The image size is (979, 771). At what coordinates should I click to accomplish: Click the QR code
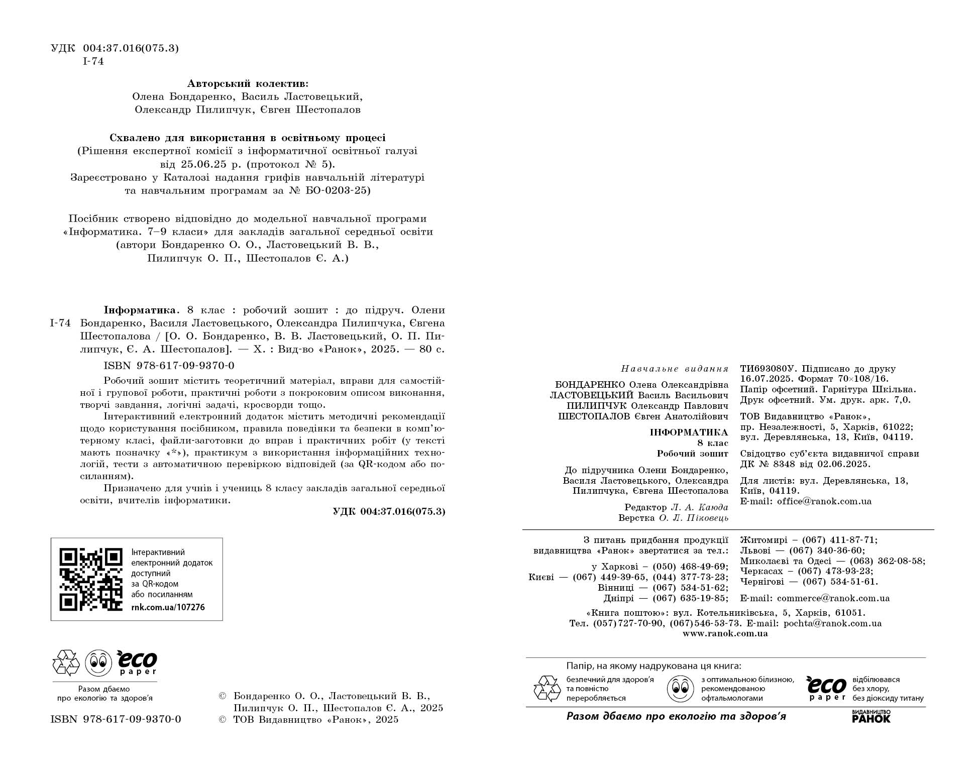click(91, 579)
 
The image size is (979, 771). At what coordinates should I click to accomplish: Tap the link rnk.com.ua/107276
click(168, 607)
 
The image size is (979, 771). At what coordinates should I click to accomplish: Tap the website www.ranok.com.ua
click(725, 634)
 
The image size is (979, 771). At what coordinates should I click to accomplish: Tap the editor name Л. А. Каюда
click(699, 508)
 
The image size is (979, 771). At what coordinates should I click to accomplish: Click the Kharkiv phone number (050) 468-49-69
click(690, 567)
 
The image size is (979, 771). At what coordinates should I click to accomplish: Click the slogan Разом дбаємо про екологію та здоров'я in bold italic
click(676, 717)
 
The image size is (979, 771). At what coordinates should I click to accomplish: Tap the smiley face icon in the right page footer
click(680, 689)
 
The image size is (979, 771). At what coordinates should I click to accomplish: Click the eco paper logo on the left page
click(137, 663)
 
